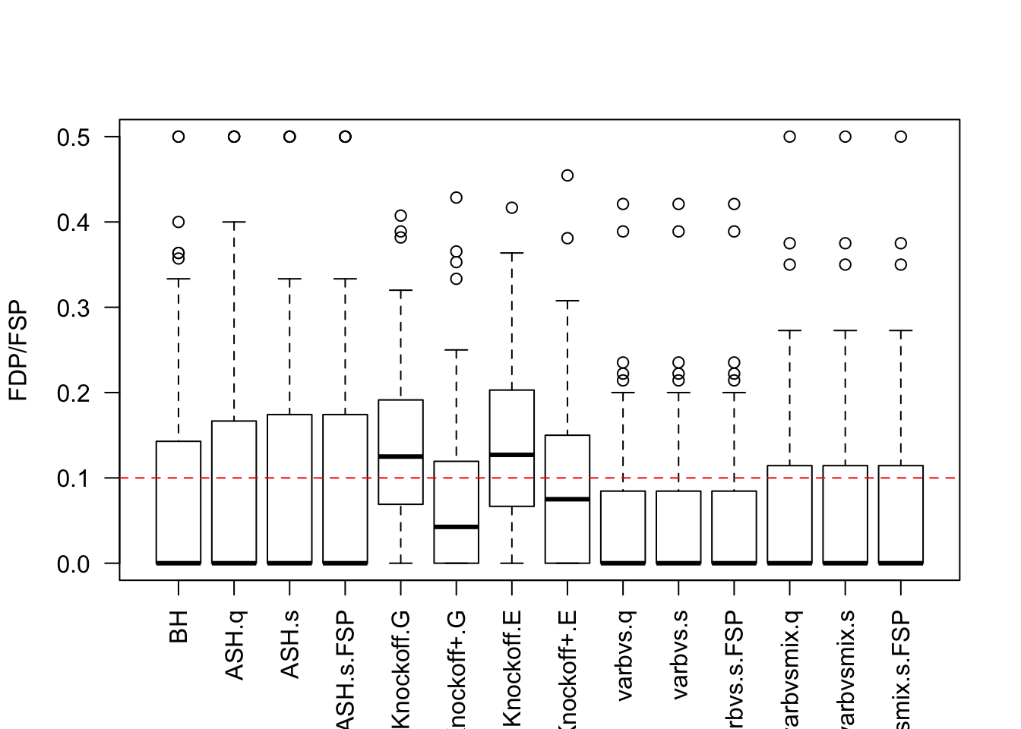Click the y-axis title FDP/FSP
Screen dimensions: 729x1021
[x=18, y=350]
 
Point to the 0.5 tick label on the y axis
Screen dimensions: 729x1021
[x=73, y=137]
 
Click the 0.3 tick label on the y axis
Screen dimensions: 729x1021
[x=73, y=308]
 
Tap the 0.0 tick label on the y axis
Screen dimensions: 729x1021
[x=73, y=564]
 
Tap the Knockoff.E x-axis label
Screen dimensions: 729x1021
[x=513, y=668]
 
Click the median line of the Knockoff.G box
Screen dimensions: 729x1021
[x=400, y=456]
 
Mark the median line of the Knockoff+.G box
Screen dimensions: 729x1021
[x=456, y=526]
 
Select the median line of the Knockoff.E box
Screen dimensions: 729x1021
[x=512, y=454]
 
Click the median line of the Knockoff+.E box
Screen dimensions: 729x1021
[x=567, y=499]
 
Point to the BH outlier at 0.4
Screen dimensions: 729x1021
[x=179, y=222]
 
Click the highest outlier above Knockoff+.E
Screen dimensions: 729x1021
[x=567, y=175]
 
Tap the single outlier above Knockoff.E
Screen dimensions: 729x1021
[x=512, y=207]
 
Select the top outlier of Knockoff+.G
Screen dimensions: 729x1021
[x=457, y=197]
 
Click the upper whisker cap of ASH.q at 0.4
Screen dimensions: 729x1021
[x=234, y=222]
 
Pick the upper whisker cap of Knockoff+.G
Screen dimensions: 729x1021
[x=457, y=350]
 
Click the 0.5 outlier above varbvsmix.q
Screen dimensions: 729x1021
[x=790, y=137]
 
